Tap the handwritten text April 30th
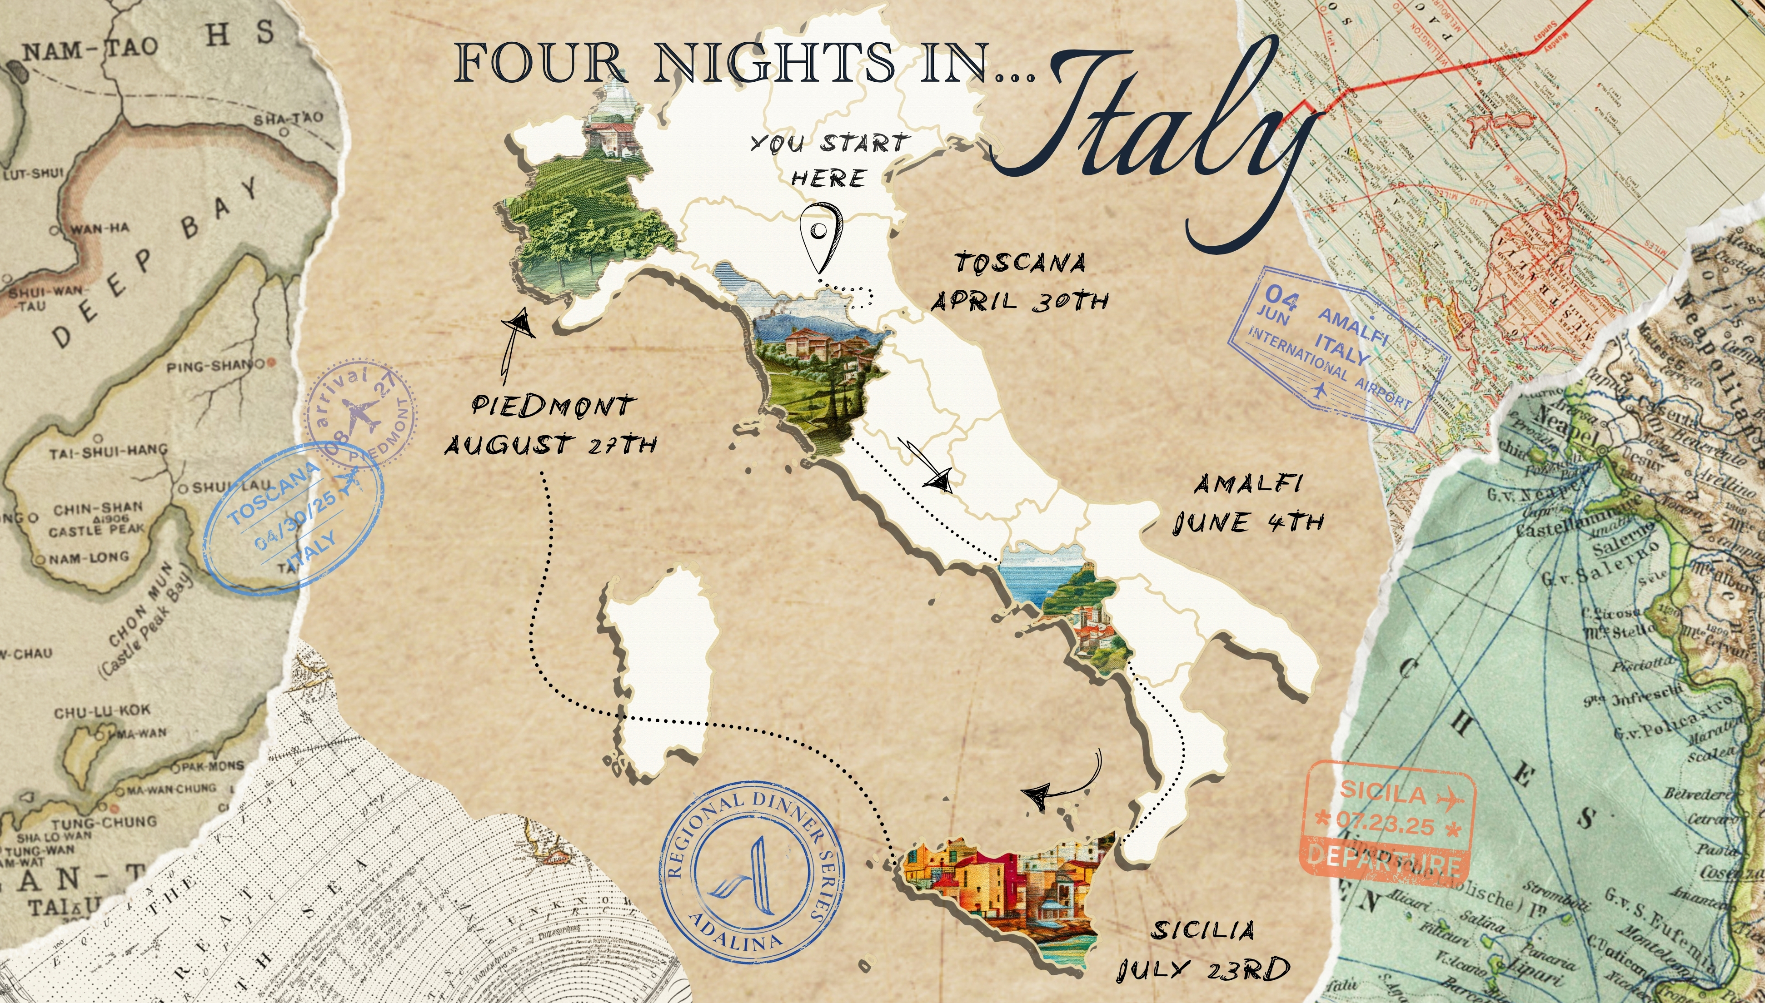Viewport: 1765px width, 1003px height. [x=1020, y=301]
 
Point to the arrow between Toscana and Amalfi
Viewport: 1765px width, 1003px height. [x=927, y=466]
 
